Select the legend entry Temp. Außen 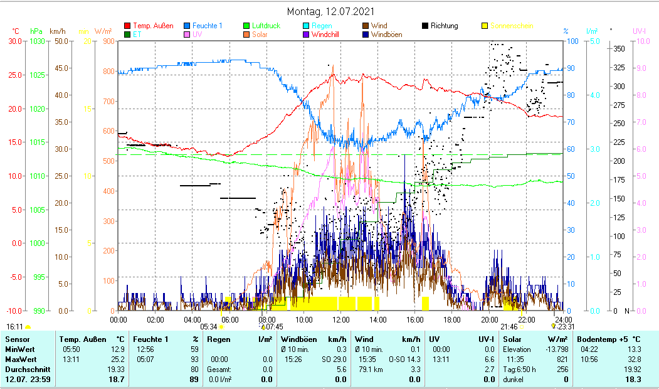tap(153, 26)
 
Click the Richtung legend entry tap(445, 26)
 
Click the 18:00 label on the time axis tap(451, 319)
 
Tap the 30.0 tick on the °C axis tap(14, 41)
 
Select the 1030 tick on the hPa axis tap(37, 41)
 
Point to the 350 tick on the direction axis tap(618, 48)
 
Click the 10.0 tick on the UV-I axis tap(642, 41)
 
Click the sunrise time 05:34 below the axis tap(208, 327)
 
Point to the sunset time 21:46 tap(509, 327)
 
